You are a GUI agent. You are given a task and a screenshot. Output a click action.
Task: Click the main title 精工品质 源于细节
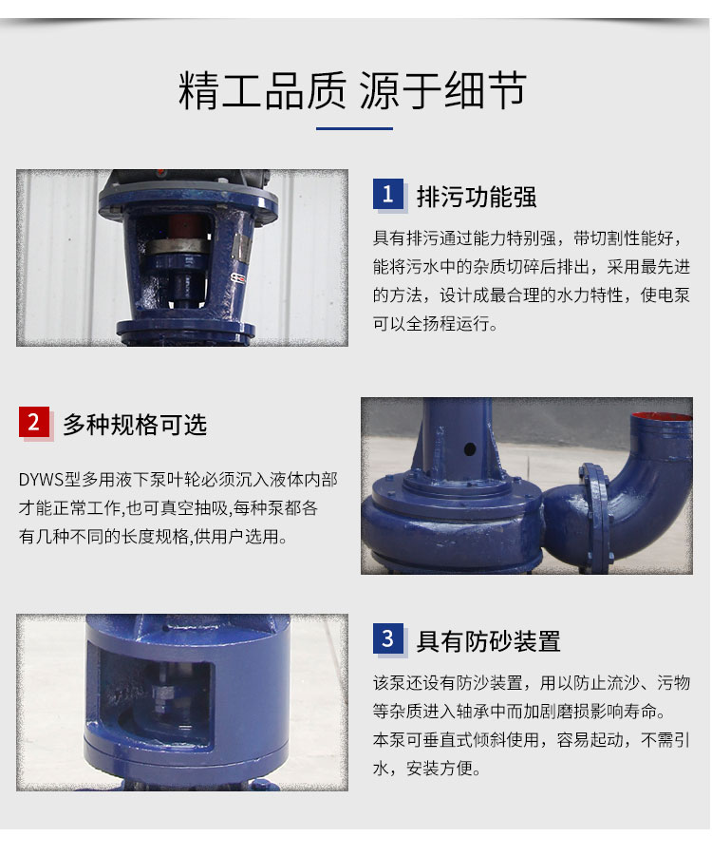click(x=352, y=90)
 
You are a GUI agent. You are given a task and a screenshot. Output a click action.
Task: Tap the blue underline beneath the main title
click(x=355, y=128)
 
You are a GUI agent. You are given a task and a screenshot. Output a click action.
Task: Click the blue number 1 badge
click(x=388, y=194)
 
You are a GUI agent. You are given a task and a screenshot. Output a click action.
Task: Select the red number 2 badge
click(x=34, y=422)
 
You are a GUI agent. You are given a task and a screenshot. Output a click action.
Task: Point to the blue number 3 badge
click(x=388, y=638)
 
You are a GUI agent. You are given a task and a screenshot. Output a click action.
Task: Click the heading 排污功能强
click(x=477, y=197)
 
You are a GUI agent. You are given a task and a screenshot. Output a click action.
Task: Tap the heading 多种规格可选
click(x=135, y=424)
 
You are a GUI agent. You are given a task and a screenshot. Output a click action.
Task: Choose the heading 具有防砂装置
click(x=488, y=641)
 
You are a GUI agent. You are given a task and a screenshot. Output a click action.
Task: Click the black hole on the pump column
click(x=469, y=449)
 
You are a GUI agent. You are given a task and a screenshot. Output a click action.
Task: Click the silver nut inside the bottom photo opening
click(x=162, y=694)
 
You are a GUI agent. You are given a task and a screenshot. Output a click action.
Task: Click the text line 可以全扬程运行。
click(x=436, y=324)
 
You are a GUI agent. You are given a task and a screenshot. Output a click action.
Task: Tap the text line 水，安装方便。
click(x=426, y=769)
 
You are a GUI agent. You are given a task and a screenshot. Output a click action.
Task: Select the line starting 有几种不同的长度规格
click(x=153, y=537)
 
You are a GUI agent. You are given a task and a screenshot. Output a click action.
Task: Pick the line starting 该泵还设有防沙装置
click(x=532, y=682)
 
